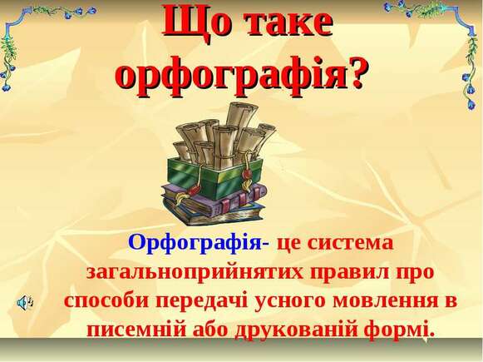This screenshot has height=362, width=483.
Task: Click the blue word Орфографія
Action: tap(195, 243)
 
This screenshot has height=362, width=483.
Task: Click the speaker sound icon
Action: tap(25, 301)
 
